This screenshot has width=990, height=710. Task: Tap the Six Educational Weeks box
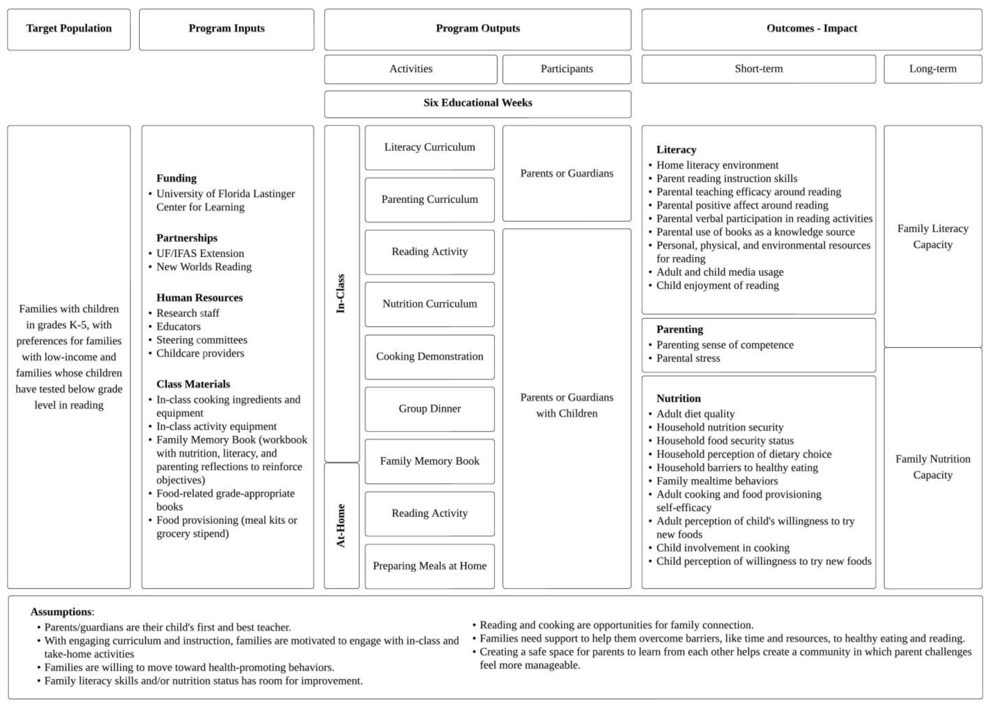(x=477, y=104)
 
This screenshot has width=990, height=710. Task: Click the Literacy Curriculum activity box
(x=430, y=148)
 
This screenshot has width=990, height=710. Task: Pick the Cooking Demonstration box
(x=430, y=357)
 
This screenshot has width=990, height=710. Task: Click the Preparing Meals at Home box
(x=430, y=566)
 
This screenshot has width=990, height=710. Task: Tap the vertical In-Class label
(x=341, y=294)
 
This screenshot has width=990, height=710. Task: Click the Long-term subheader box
(x=932, y=69)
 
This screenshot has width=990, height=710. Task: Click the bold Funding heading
(x=176, y=179)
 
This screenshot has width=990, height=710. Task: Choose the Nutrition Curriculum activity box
(x=430, y=304)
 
